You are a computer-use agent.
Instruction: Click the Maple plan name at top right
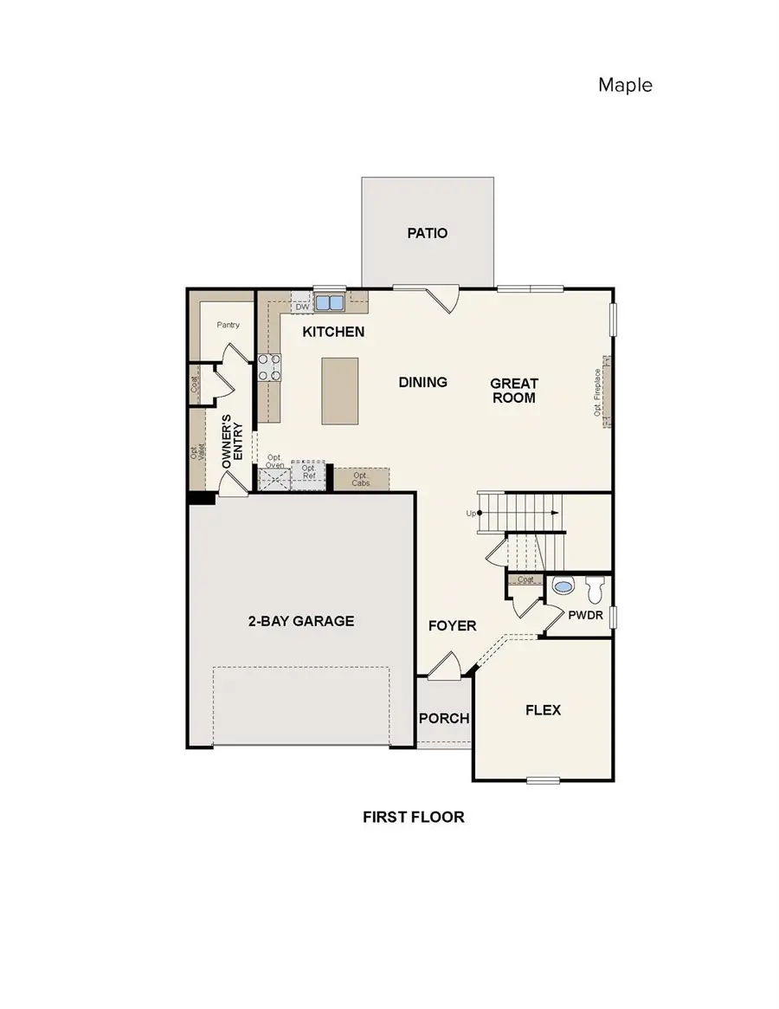click(x=624, y=85)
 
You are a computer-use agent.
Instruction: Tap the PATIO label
click(x=427, y=233)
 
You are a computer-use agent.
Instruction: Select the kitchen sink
click(x=329, y=303)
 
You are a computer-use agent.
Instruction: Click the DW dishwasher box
click(x=302, y=307)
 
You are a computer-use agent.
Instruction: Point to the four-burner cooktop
click(x=269, y=367)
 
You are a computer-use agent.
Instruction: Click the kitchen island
click(x=339, y=391)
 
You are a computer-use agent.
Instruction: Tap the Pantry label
click(x=229, y=326)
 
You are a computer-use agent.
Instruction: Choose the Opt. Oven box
click(x=274, y=476)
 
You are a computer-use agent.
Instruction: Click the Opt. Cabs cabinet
click(x=361, y=479)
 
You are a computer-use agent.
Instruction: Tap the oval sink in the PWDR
click(x=563, y=587)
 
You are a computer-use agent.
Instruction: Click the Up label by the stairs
click(x=472, y=513)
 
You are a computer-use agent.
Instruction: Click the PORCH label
click(x=444, y=718)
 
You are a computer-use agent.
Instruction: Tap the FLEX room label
click(x=543, y=710)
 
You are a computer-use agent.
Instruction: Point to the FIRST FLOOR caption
click(x=414, y=817)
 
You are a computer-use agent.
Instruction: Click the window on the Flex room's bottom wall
click(x=543, y=780)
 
